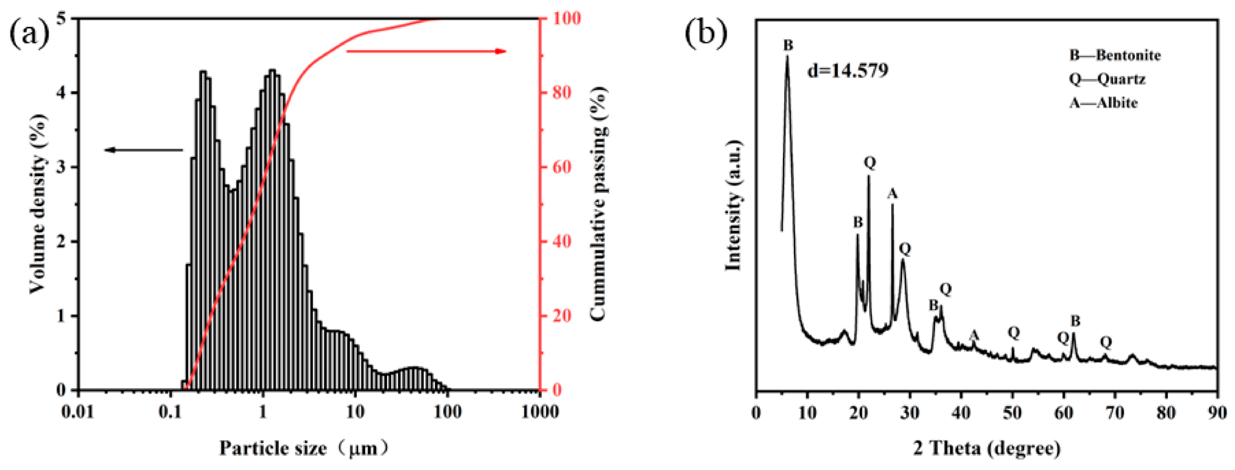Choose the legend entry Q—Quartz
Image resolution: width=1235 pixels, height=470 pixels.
tap(1107, 79)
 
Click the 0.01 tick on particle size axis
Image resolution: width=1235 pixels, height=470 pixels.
tap(79, 412)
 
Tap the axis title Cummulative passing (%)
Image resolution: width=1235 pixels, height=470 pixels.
tap(598, 204)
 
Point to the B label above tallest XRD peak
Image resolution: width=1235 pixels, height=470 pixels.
tap(788, 46)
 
